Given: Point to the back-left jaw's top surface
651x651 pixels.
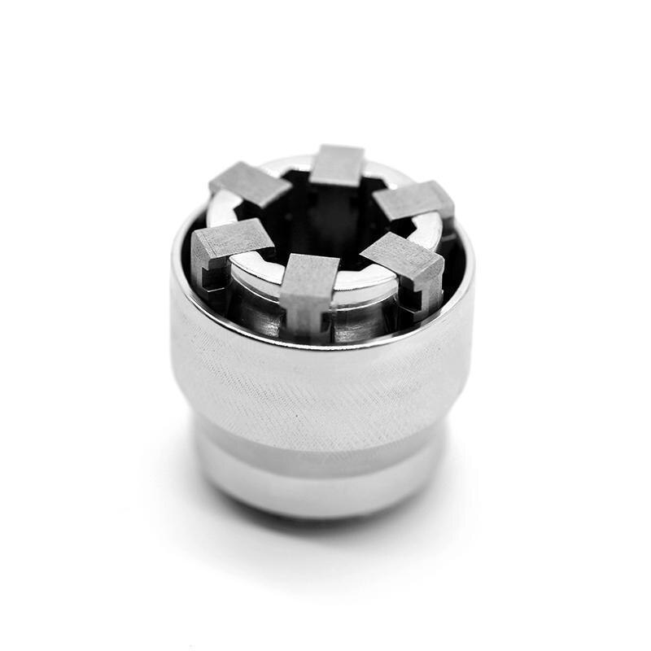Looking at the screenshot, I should pos(251,182).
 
